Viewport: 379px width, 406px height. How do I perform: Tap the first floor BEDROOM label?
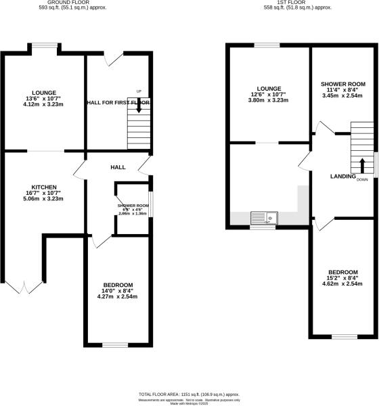click(344, 272)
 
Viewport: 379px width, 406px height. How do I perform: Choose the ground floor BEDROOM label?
click(118, 285)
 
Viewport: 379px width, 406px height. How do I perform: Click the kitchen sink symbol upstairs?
click(263, 218)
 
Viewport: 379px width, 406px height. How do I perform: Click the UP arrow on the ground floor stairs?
click(139, 106)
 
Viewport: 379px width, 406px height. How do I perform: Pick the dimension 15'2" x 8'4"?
click(344, 278)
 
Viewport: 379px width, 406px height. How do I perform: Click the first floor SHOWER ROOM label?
click(342, 85)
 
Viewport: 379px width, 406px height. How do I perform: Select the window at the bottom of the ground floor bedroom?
click(114, 345)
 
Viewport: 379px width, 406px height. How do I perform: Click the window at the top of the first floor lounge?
click(267, 45)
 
